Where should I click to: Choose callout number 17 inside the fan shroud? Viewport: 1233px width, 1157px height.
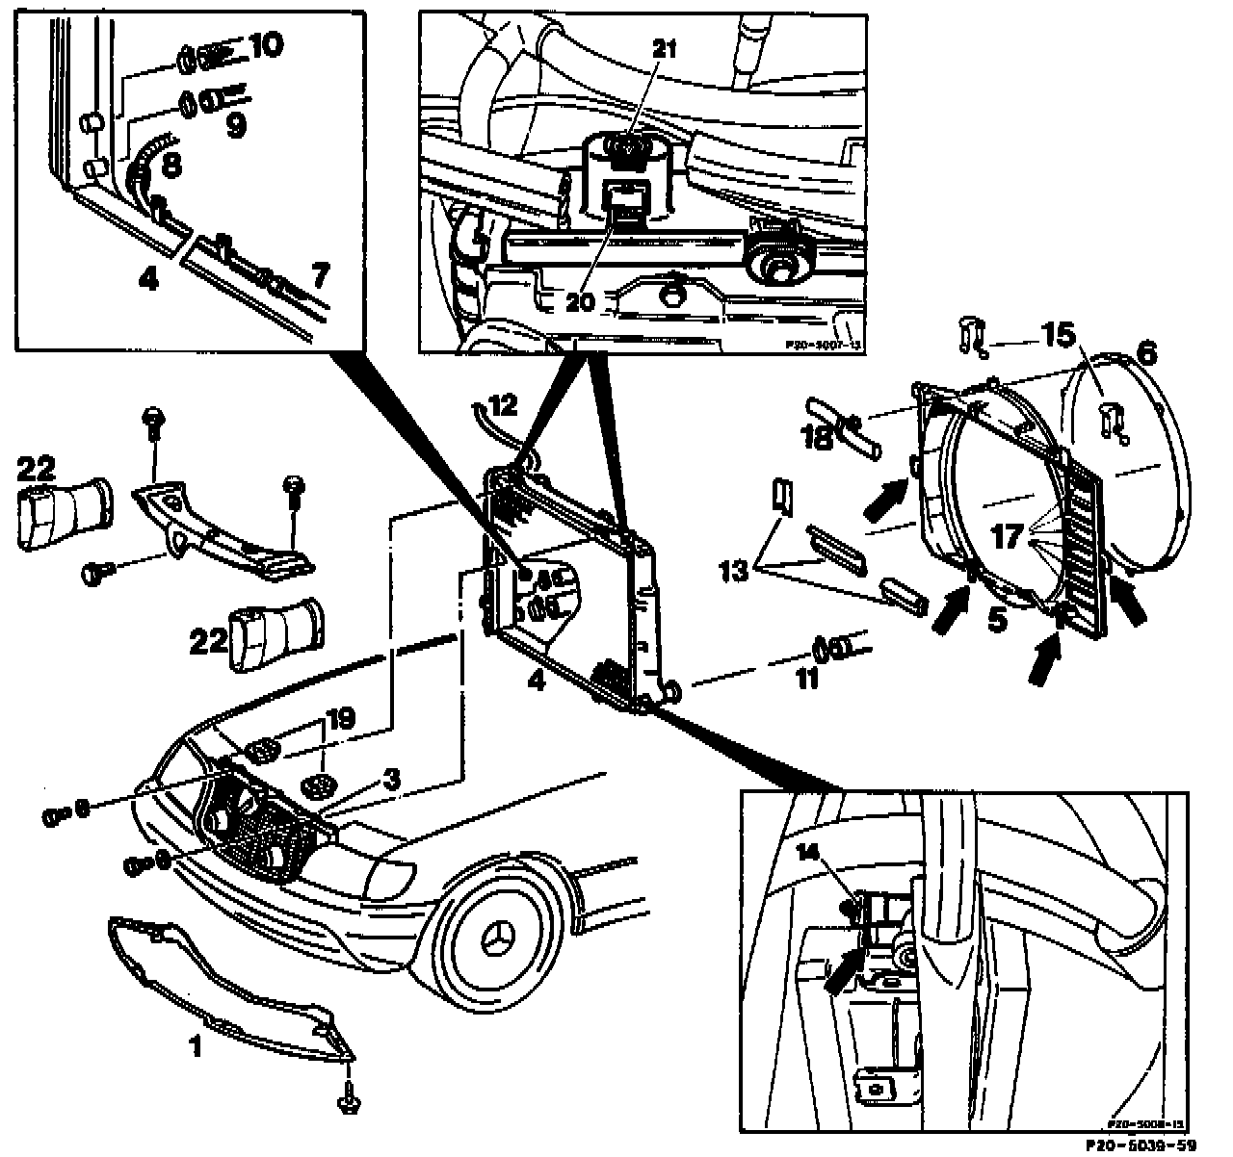[x=1008, y=537]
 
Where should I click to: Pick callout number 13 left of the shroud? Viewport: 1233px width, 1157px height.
[x=734, y=570]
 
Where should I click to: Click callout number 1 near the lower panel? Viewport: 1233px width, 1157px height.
[x=196, y=1046]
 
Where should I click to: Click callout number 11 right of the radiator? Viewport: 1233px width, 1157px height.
[x=806, y=680]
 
